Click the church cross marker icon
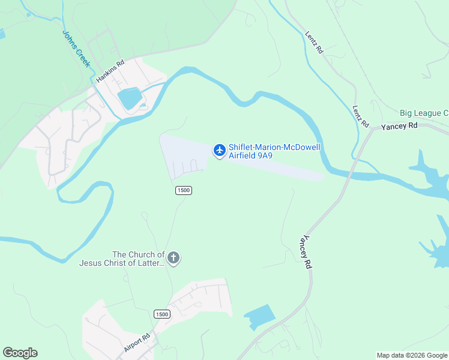click(x=173, y=259)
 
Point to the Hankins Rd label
click(x=110, y=71)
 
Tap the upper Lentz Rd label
click(x=314, y=43)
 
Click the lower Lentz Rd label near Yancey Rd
click(x=360, y=116)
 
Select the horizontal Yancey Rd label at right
click(x=399, y=126)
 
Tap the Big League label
click(x=424, y=113)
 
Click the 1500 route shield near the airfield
click(x=184, y=190)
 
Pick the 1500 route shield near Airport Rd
click(x=161, y=314)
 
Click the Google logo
click(x=20, y=353)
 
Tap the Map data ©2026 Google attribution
click(x=412, y=355)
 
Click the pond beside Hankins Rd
click(x=129, y=98)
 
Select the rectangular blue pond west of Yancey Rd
click(x=259, y=317)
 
